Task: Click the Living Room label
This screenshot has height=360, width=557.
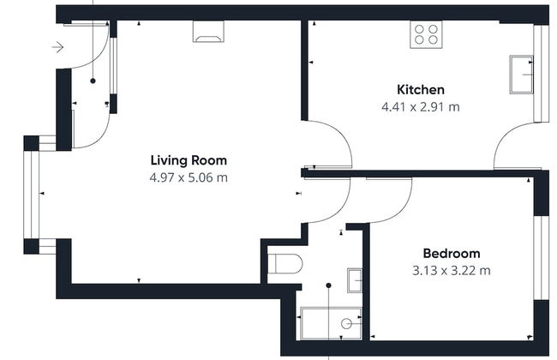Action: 189,160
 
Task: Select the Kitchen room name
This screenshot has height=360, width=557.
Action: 421,89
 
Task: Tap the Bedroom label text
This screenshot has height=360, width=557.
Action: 452,254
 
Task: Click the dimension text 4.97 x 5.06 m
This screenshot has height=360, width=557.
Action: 189,177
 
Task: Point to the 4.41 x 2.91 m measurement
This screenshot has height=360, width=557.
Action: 421,106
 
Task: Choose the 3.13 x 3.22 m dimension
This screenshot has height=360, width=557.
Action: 452,271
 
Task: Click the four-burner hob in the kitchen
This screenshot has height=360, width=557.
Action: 426,34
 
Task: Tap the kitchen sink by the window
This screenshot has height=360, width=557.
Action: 522,75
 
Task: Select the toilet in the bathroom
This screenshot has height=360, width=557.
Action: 284,264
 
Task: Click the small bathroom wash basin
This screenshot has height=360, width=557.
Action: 355,280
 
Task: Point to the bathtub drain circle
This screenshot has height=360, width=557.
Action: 346,324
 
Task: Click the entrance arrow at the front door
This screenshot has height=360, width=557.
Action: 57,47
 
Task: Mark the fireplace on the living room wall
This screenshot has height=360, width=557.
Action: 208,32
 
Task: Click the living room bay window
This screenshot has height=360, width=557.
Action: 31,195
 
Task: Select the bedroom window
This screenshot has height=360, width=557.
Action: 542,258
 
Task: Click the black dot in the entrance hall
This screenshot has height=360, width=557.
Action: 93,81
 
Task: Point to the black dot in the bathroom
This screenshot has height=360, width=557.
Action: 328,285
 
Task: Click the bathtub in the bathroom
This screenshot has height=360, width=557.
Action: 332,323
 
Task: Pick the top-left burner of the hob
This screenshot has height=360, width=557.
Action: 420,29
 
